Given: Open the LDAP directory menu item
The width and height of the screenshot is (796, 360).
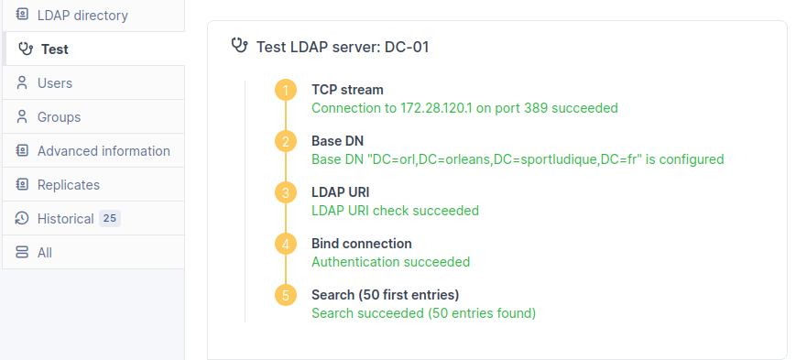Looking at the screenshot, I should point(82,16).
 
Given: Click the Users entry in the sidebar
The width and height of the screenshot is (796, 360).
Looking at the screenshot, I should point(55,83).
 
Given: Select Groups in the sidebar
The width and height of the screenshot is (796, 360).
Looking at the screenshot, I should point(59,117).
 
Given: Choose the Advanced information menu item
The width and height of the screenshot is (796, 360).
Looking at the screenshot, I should point(104,151).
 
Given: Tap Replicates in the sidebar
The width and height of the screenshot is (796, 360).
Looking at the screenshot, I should point(68,185).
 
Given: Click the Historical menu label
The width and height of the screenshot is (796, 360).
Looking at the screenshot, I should point(65,219).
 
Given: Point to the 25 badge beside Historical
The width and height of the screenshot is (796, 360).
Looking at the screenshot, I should point(110,219).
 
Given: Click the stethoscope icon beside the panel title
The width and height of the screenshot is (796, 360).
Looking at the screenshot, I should point(241,46).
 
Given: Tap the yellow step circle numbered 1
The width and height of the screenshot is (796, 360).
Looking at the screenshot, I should point(286,90).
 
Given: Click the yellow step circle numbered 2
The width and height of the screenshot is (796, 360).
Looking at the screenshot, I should point(286,141).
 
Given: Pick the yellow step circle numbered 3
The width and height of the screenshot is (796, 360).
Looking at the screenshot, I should point(286,192).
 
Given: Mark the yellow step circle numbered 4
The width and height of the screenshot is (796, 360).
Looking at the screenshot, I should point(286,244).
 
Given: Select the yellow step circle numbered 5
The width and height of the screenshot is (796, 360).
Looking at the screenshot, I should point(286,295).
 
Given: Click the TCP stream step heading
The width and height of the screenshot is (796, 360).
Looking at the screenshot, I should point(347,90).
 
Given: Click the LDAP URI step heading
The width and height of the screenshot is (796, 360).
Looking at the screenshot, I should point(340,192).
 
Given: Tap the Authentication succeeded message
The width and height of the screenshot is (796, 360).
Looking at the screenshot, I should point(390,262).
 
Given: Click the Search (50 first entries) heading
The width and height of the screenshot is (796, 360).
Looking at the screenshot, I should point(385,295).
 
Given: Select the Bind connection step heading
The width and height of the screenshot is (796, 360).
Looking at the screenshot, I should point(361,244).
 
